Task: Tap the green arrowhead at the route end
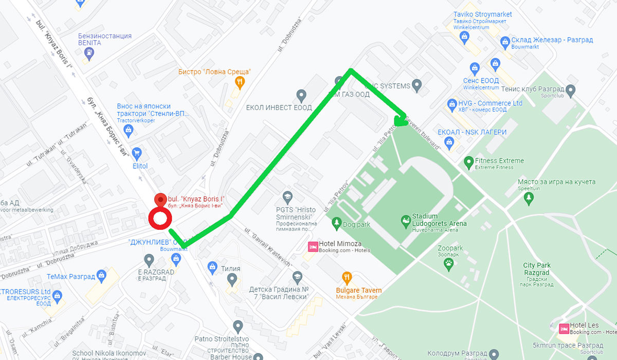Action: tap(400, 120)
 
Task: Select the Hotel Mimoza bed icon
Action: tap(312, 246)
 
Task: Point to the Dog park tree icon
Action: tap(337, 223)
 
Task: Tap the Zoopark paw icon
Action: tap(449, 264)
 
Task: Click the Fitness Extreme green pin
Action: tap(468, 163)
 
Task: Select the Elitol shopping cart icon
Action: tap(137, 153)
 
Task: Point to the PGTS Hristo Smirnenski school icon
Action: tap(287, 197)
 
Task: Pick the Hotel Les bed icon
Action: tap(564, 328)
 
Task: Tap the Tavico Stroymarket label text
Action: tap(483, 15)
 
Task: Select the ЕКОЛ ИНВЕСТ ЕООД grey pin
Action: tap(301, 95)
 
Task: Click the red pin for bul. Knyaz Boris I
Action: tap(160, 200)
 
